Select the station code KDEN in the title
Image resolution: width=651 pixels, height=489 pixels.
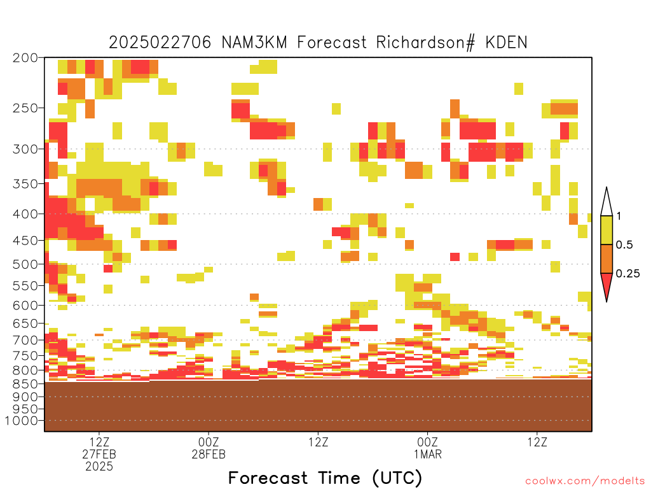click(x=506, y=43)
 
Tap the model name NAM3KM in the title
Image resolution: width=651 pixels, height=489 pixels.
click(x=254, y=43)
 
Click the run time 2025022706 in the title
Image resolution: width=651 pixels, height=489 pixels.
click(x=160, y=43)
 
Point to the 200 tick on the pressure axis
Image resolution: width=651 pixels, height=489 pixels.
click(x=25, y=58)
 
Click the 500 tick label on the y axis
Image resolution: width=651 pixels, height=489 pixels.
click(x=25, y=264)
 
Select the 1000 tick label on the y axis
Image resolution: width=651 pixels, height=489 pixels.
click(x=22, y=421)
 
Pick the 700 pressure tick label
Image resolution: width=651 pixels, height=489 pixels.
click(x=25, y=340)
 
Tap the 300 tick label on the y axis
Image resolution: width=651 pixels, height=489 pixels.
click(x=25, y=149)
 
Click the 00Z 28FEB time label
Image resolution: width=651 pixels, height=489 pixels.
click(x=209, y=448)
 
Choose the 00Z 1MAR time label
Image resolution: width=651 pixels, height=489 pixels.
click(x=428, y=448)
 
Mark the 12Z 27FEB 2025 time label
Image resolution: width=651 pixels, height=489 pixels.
click(x=99, y=454)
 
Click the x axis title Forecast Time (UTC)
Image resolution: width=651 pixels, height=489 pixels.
click(x=325, y=478)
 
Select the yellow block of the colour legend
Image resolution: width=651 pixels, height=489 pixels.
click(x=606, y=230)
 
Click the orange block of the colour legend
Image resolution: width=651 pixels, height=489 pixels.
click(x=606, y=259)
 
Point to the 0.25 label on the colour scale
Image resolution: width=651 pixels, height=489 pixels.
click(x=627, y=274)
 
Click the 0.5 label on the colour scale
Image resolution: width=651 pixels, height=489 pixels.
click(x=624, y=245)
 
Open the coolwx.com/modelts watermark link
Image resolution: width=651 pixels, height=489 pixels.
click(x=585, y=481)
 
